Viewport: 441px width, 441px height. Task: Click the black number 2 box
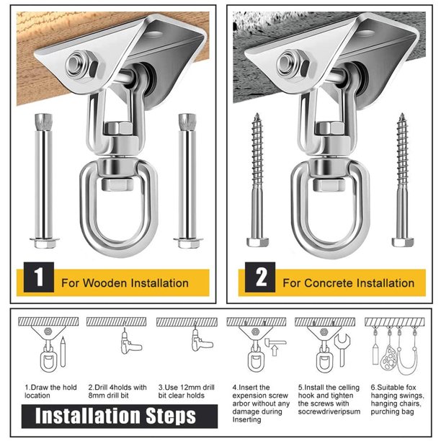tap(258, 279)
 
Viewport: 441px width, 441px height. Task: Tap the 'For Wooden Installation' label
tap(125, 282)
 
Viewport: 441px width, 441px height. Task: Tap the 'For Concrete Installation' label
tap(348, 282)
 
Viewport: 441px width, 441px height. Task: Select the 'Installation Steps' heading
tap(115, 416)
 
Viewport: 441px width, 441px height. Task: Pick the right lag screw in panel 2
tap(401, 181)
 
